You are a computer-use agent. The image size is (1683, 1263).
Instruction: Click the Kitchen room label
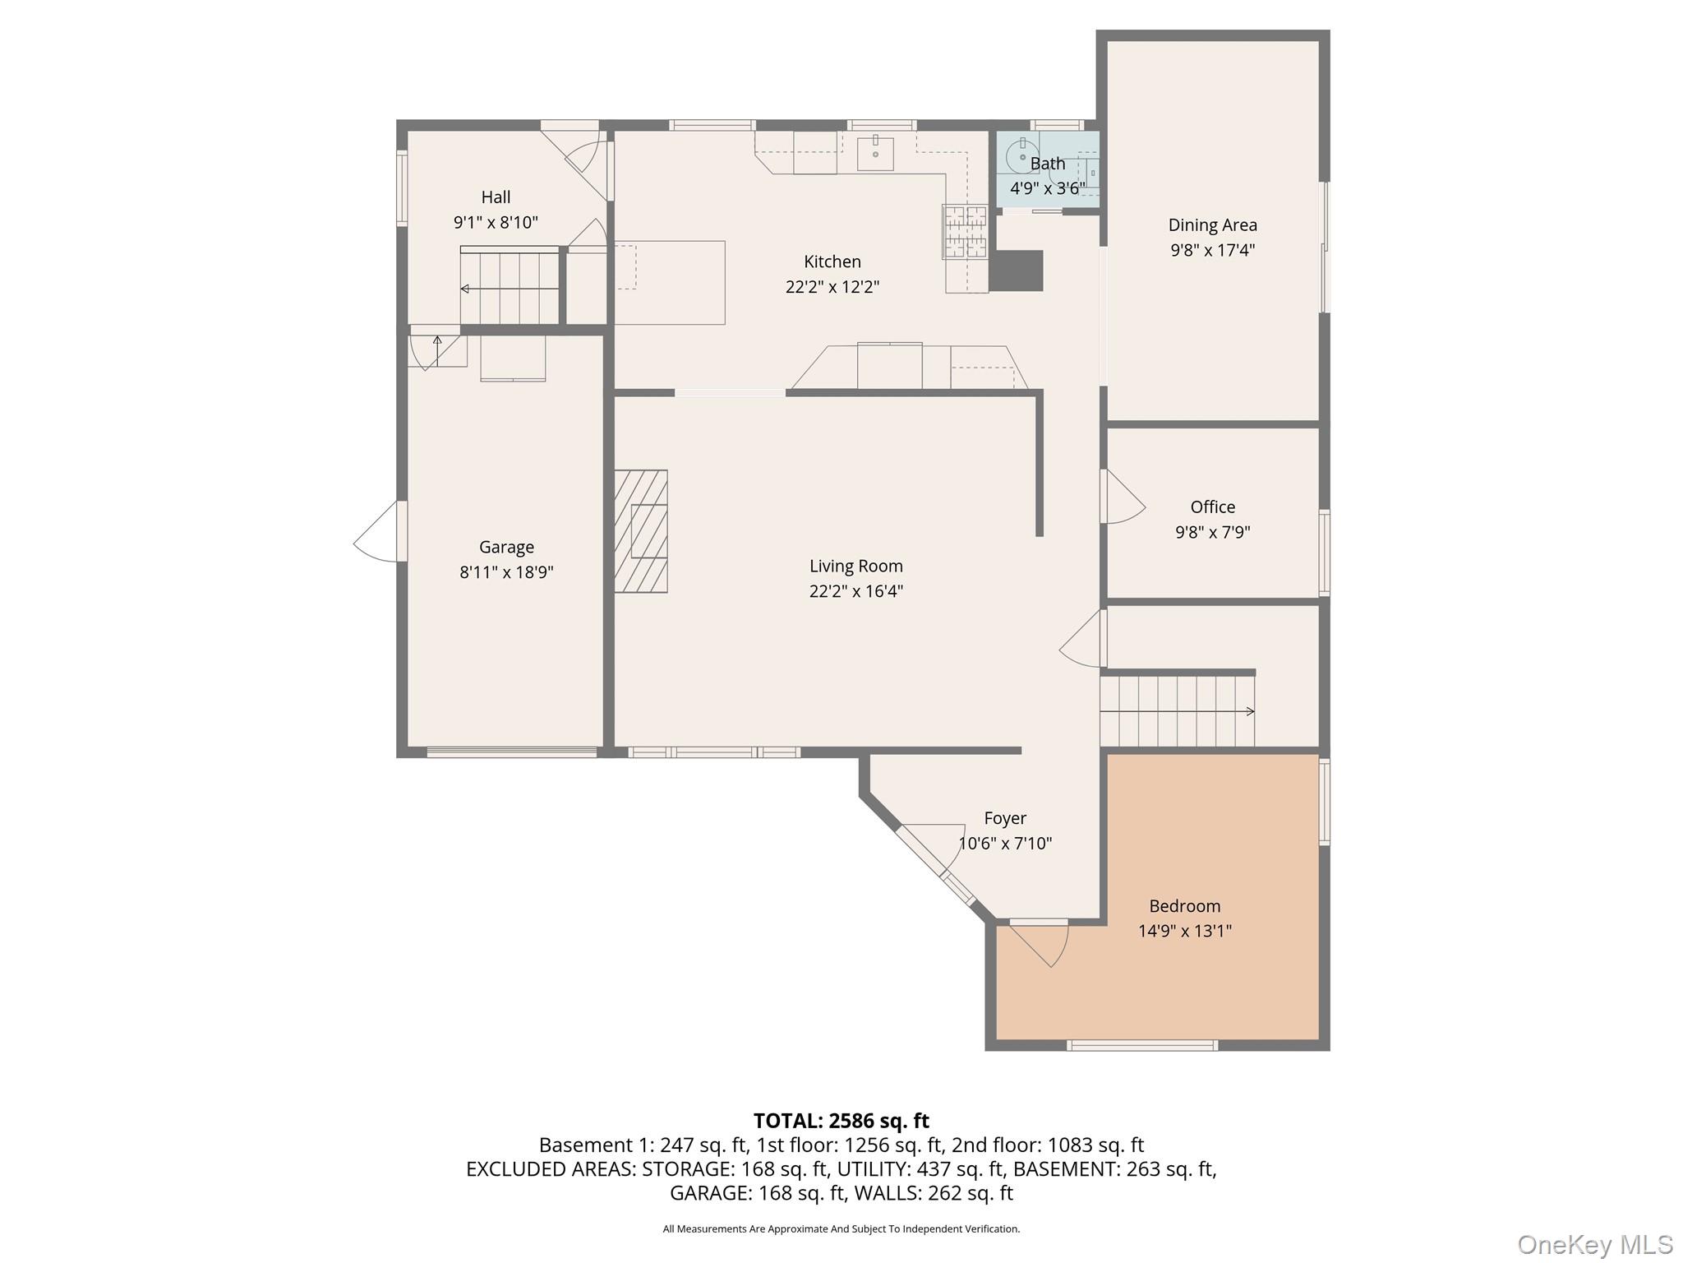click(832, 261)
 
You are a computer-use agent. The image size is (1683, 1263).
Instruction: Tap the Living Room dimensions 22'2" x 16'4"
click(856, 591)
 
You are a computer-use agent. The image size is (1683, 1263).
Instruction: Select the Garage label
click(506, 548)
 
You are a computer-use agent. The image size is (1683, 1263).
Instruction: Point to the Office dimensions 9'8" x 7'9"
click(1213, 532)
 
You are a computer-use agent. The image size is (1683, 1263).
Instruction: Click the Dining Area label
click(1213, 225)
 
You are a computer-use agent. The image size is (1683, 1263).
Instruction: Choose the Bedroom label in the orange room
click(1185, 906)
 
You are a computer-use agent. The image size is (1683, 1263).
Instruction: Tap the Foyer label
click(1005, 819)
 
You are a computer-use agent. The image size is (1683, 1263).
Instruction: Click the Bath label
click(1048, 164)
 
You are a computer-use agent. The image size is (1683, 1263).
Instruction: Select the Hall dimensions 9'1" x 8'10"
click(496, 222)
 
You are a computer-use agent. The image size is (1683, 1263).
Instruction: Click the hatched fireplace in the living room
click(641, 531)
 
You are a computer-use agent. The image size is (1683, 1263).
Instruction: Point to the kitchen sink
click(875, 153)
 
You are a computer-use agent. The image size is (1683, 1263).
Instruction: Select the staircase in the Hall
click(510, 285)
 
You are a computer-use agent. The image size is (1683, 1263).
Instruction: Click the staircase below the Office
click(1178, 710)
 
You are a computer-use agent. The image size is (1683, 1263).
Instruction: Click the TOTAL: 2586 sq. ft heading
click(841, 1121)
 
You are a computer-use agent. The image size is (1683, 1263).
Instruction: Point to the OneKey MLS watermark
click(1595, 1245)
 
